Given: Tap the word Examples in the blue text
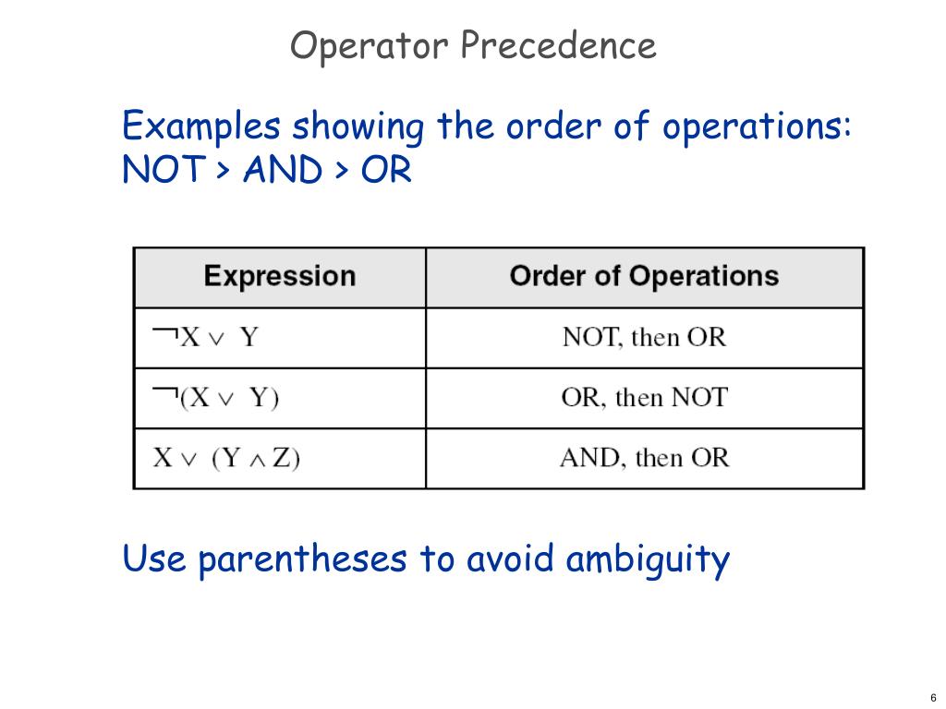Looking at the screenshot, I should [200, 126].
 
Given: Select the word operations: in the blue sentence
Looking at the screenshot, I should [757, 127].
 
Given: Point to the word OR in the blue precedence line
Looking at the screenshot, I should [386, 170].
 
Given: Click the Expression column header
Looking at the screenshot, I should [279, 276].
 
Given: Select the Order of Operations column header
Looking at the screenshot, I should [644, 276].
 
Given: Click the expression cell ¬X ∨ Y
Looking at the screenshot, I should [205, 337].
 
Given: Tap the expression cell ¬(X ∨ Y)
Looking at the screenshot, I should [215, 398].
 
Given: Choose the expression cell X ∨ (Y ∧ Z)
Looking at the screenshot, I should [226, 458].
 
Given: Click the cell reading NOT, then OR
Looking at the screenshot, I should [644, 337].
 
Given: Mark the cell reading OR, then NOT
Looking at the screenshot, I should [644, 398].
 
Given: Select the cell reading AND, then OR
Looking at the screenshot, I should [644, 458].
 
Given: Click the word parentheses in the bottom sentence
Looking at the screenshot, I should [301, 559].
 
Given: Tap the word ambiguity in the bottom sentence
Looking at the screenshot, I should [648, 559].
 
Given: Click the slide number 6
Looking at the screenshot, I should [933, 697].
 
